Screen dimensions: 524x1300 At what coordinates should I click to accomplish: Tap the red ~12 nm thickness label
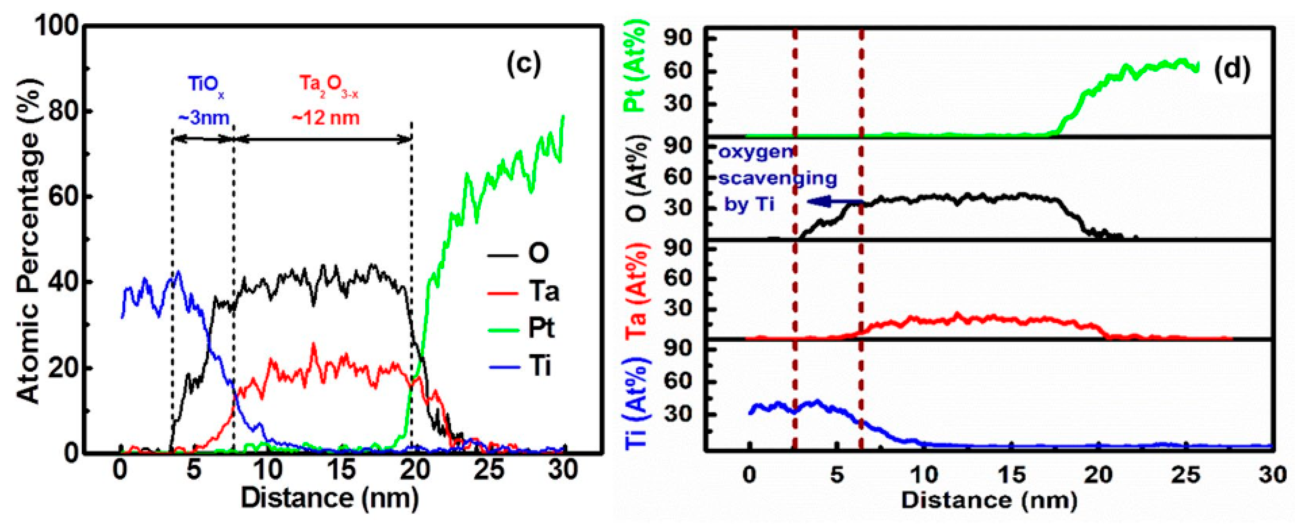tap(326, 118)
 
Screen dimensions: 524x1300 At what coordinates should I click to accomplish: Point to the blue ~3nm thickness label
tap(203, 118)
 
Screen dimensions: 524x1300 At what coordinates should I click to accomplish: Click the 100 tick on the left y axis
tap(55, 26)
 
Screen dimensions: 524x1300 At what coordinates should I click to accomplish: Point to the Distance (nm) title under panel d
tap(989, 500)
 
